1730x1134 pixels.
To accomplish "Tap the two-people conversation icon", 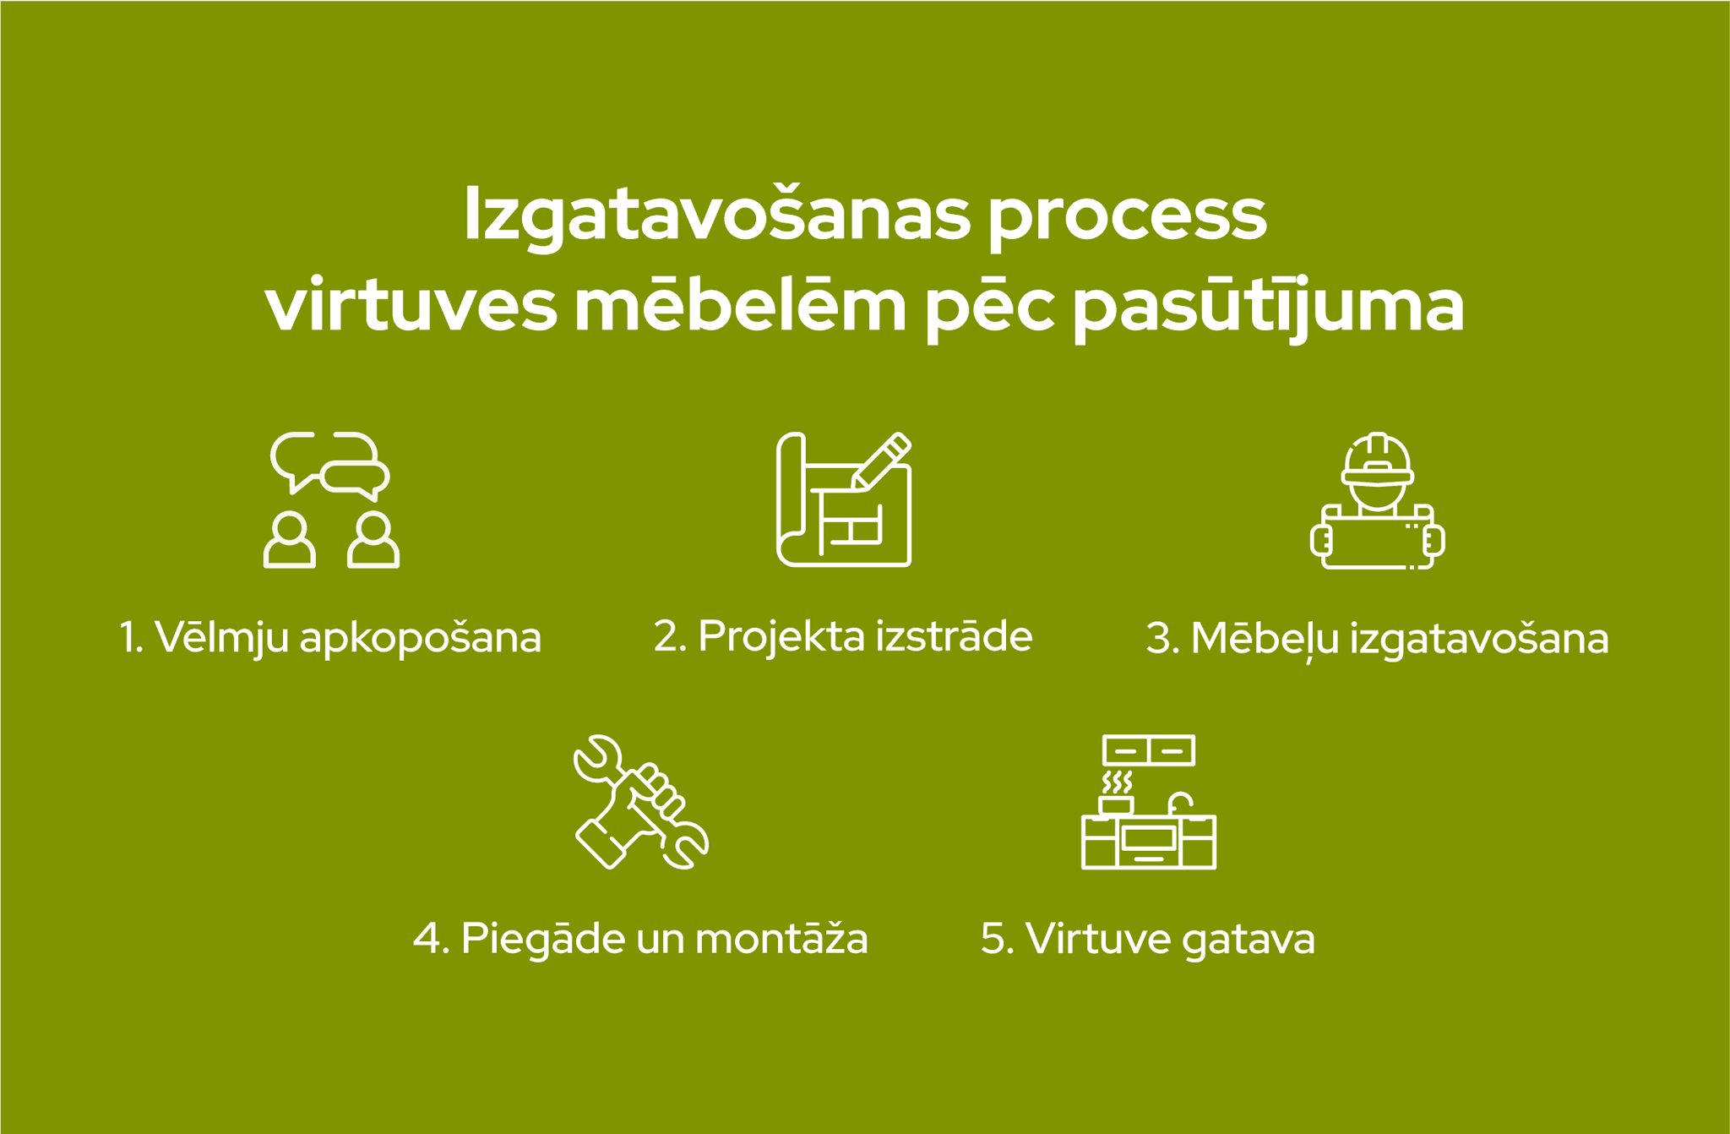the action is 331,500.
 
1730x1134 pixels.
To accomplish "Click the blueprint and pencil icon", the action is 844,499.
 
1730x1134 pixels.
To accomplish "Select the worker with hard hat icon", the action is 1377,501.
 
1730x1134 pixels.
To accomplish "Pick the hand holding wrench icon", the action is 641,802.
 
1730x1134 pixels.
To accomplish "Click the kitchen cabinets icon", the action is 1149,802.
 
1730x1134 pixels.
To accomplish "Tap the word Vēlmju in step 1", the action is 221,638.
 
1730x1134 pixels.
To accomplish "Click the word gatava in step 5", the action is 1249,940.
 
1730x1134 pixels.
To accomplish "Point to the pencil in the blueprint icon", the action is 881,461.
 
